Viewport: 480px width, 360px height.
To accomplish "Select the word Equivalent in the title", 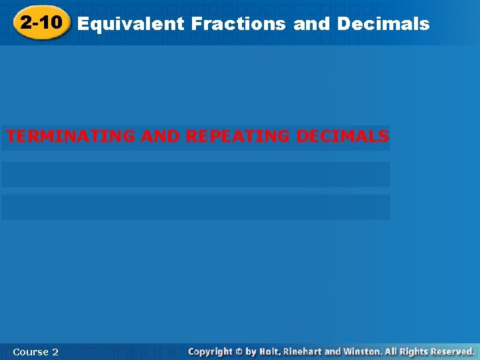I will coord(131,25).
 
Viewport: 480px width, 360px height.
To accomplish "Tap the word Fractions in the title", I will coord(238,25).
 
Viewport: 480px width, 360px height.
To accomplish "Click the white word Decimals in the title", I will coord(383,25).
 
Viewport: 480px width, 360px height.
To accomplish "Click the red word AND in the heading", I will coord(160,137).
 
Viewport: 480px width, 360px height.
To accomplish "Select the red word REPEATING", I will coord(238,137).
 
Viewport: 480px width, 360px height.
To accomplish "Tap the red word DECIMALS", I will coord(342,137).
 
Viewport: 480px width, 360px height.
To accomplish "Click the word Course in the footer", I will coord(31,351).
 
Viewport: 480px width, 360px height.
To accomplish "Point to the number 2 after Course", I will coord(55,351).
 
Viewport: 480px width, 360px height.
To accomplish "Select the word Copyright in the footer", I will coord(210,351).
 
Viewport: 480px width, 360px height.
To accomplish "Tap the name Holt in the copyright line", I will coord(270,351).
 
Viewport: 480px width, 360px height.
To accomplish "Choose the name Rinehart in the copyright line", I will coord(303,351).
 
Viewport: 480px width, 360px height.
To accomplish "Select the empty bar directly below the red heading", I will coord(195,175).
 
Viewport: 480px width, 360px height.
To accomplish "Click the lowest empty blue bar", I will coord(195,207).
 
